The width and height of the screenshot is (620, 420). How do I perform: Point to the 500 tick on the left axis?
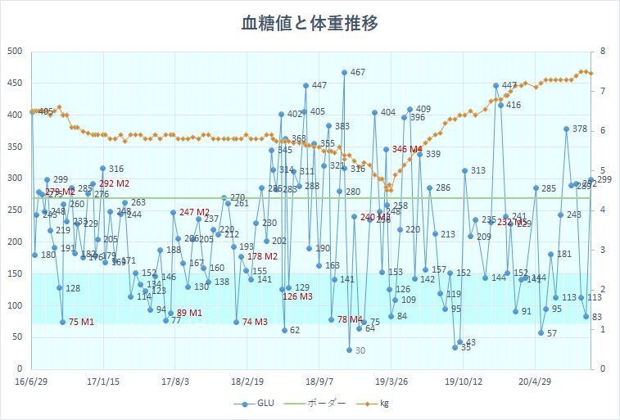tap(14, 51)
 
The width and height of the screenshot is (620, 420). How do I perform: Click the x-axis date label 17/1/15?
tap(103, 381)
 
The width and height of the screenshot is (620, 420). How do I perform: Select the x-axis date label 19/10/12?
tap(463, 381)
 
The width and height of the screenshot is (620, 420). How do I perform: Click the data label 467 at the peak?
tap(357, 73)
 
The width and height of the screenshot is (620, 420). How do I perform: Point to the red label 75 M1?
tap(81, 322)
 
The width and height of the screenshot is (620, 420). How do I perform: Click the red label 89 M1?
tap(189, 313)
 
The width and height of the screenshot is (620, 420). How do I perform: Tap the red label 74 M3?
tap(255, 322)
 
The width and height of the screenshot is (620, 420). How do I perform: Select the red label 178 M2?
tap(262, 256)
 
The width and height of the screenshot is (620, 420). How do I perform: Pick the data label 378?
tap(579, 129)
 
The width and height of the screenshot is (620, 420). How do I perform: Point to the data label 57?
tap(551, 333)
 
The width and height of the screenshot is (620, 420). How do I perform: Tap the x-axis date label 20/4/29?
tap(535, 381)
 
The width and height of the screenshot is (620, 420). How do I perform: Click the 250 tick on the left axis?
tap(14, 210)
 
